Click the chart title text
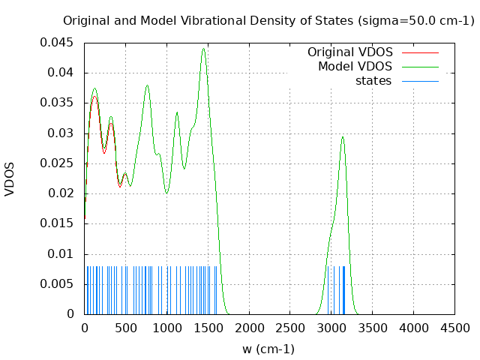tap(268, 21)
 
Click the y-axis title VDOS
tap(10, 178)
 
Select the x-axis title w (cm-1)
tap(268, 349)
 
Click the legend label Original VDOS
tap(350, 52)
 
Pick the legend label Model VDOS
tap(355, 67)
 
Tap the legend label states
tap(373, 80)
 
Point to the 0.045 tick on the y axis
tap(62, 43)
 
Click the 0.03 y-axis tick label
tap(65, 133)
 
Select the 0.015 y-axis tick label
tap(62, 223)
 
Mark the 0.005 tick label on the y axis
tap(62, 283)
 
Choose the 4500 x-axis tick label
tap(454, 328)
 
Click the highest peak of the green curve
tap(203, 49)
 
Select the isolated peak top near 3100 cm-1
tap(343, 136)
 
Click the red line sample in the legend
tap(420, 52)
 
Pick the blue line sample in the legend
tap(420, 80)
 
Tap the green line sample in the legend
tap(420, 67)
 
